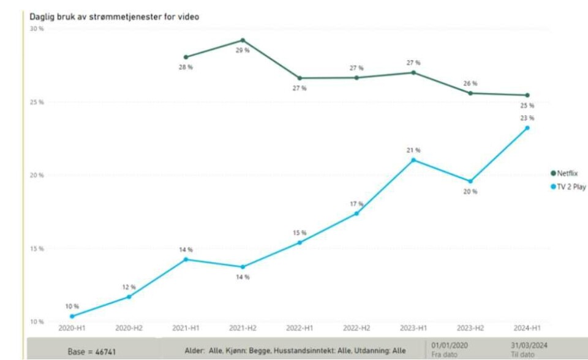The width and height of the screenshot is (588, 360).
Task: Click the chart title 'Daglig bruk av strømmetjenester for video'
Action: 114,17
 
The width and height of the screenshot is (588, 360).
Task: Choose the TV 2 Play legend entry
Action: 569,187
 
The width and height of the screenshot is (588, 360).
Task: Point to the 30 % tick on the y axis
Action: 37,29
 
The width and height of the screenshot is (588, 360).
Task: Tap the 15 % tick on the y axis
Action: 37,249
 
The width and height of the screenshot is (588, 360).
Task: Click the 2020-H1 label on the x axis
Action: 72,328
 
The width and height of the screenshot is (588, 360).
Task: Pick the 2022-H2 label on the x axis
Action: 356,328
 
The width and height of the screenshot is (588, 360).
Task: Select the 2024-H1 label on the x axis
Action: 527,328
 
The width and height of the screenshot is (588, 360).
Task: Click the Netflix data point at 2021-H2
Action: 243,40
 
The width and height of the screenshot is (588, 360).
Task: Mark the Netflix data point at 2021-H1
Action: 186,57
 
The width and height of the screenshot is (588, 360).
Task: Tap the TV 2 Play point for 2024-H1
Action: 527,128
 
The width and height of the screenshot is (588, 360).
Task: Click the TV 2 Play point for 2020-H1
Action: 72,317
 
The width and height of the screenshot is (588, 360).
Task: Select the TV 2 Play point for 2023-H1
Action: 413,160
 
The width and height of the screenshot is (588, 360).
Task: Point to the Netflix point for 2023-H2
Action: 470,93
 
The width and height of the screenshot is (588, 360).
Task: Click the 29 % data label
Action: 243,50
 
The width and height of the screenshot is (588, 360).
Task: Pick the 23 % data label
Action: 527,118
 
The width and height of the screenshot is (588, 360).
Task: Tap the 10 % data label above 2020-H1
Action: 72,306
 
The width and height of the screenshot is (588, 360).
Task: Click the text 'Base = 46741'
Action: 92,352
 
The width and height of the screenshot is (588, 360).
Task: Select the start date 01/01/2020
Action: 450,345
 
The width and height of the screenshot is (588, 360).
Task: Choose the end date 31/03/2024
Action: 529,345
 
